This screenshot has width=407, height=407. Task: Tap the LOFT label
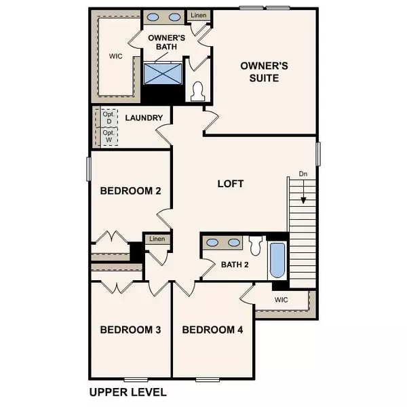pyautogui.click(x=230, y=184)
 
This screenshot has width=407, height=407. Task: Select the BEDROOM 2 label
pyautogui.click(x=130, y=191)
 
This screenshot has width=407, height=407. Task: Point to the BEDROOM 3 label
pyautogui.click(x=130, y=330)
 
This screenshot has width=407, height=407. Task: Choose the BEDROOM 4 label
pyautogui.click(x=212, y=330)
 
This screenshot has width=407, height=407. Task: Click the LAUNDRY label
pyautogui.click(x=144, y=118)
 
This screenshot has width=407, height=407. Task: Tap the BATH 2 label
pyautogui.click(x=235, y=264)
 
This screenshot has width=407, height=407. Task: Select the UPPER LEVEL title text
pyautogui.click(x=128, y=392)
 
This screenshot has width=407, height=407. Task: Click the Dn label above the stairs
pyautogui.click(x=303, y=174)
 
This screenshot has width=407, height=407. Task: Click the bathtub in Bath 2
pyautogui.click(x=277, y=261)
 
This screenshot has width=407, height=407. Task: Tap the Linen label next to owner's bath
pyautogui.click(x=198, y=15)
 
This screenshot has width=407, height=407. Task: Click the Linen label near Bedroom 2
pyautogui.click(x=157, y=239)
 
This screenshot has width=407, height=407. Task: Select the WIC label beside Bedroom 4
pyautogui.click(x=283, y=299)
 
